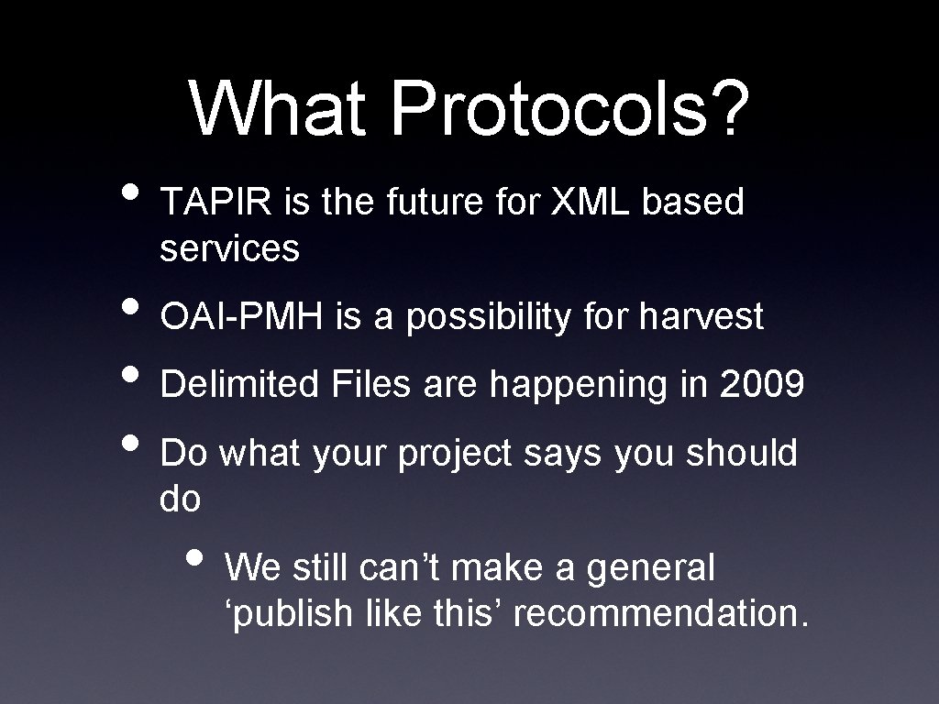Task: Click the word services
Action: pyautogui.click(x=229, y=247)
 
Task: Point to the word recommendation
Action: pyautogui.click(x=661, y=614)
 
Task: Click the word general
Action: pyautogui.click(x=650, y=569)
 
